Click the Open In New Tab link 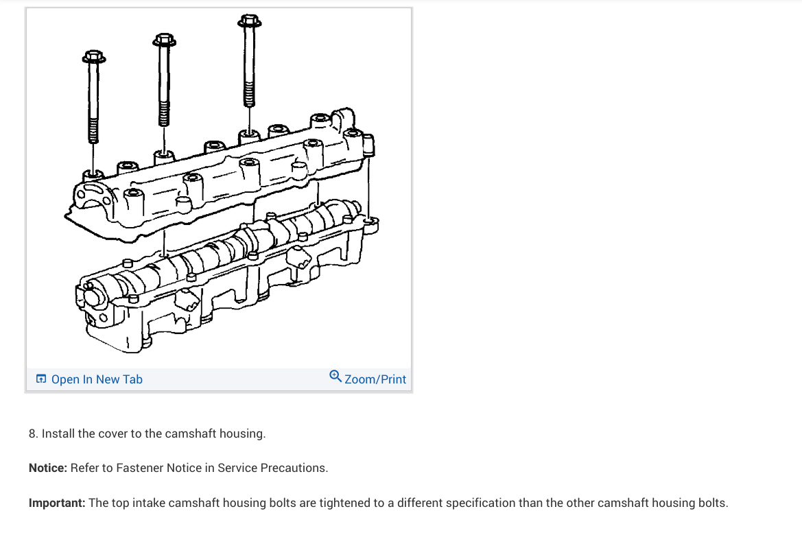tap(97, 379)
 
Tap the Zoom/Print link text tap(375, 379)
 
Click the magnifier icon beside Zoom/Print tap(335, 376)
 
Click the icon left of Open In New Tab tap(41, 379)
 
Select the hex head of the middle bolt tap(164, 40)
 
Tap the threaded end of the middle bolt tap(164, 114)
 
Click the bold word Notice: tap(48, 468)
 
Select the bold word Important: tap(57, 503)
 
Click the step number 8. tap(32, 434)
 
